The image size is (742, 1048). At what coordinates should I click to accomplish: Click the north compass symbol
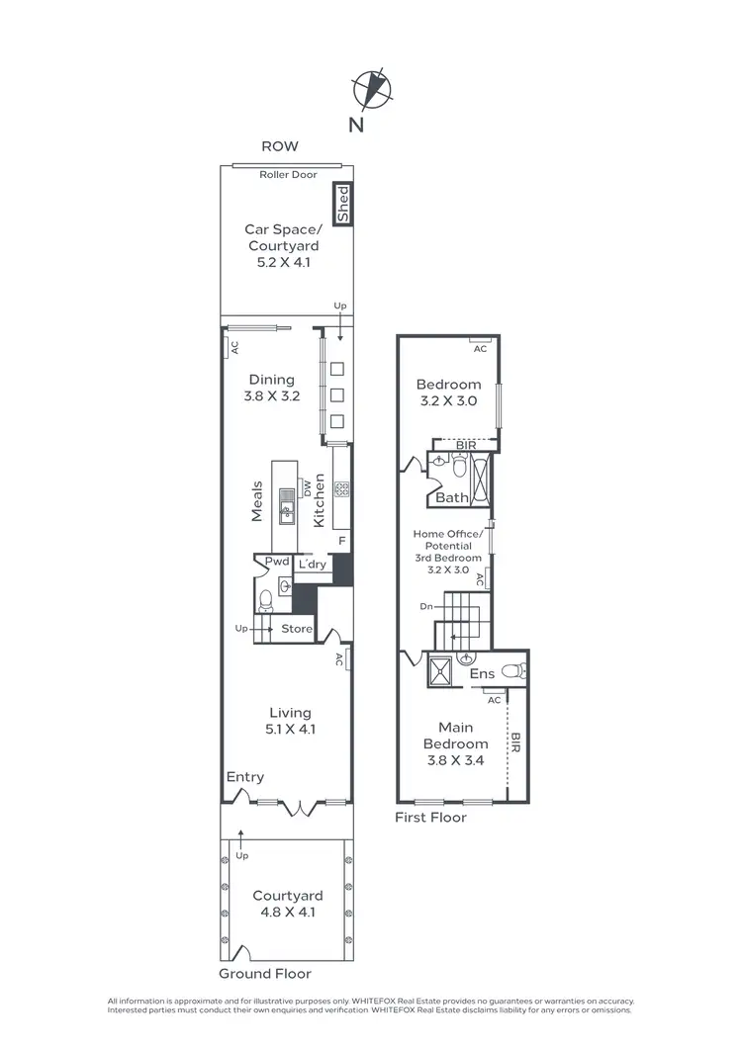click(x=372, y=88)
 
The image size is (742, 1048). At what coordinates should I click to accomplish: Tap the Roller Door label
click(x=287, y=175)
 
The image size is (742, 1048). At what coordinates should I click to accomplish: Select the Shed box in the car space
click(x=343, y=205)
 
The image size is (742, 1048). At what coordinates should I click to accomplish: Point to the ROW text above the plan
click(x=279, y=146)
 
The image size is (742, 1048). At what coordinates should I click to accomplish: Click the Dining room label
click(x=271, y=380)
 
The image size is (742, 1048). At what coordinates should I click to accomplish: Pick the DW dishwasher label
click(x=308, y=486)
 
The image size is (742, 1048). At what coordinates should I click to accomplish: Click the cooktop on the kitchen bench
click(x=342, y=487)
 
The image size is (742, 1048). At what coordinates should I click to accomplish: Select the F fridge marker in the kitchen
click(x=341, y=541)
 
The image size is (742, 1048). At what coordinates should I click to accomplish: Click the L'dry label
click(x=313, y=564)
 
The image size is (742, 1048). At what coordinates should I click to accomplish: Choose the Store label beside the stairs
click(x=297, y=629)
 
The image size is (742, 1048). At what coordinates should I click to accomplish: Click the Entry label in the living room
click(x=244, y=778)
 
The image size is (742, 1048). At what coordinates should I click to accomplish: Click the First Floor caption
click(x=430, y=818)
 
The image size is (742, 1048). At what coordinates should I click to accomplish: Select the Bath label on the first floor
click(x=452, y=498)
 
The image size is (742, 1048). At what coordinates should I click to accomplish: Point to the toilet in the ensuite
click(x=512, y=671)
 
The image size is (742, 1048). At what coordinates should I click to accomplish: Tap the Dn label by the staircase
click(x=426, y=607)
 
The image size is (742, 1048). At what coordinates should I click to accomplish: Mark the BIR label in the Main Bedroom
click(x=515, y=743)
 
